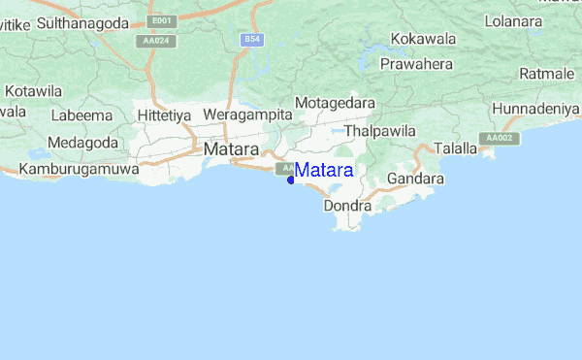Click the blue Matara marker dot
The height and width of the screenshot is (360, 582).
291,179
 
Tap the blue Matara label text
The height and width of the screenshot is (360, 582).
324,171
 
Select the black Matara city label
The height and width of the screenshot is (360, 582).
231,150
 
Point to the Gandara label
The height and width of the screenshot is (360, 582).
415,180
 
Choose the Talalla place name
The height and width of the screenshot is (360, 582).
455,148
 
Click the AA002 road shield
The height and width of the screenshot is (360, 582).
499,139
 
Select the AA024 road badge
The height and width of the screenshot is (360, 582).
152,42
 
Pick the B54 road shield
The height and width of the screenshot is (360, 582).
252,39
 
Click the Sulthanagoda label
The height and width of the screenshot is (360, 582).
82,20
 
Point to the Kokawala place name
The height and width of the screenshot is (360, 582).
423,40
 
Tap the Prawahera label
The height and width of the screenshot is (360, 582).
417,64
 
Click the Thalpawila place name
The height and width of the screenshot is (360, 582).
379,130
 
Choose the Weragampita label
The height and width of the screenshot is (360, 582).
247,115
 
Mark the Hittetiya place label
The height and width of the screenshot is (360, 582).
164,115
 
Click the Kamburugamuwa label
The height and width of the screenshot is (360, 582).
70,169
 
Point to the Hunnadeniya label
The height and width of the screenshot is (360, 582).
536,109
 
